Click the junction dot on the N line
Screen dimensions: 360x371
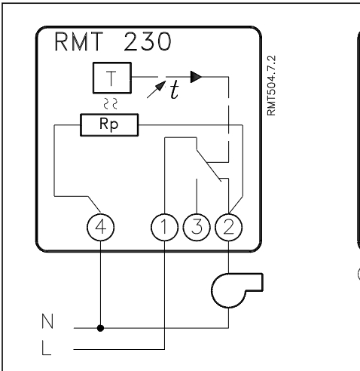pos(100,328)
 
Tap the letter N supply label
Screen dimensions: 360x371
pos(47,321)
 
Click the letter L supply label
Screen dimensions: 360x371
pos(46,348)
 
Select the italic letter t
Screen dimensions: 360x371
pos(175,90)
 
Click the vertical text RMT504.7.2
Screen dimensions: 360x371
pos(271,85)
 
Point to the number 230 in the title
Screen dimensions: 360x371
pos(148,41)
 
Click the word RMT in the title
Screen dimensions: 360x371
pos(79,41)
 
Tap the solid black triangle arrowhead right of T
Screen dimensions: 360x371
pos(196,77)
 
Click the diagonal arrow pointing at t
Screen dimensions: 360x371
pos(156,90)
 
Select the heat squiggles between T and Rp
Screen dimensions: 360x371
pos(111,103)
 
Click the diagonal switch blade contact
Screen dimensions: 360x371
pos(209,166)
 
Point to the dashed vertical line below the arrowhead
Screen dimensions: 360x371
pos(228,119)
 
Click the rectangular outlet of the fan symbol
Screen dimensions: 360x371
pos(254,282)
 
